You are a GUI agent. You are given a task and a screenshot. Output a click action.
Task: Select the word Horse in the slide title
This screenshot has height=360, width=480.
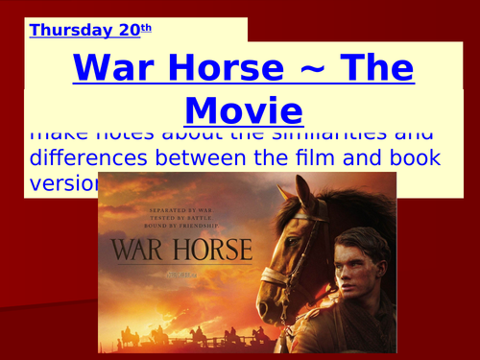coord(231,69)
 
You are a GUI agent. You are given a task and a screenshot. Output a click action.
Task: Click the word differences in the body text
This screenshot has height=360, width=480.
coord(91,158)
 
